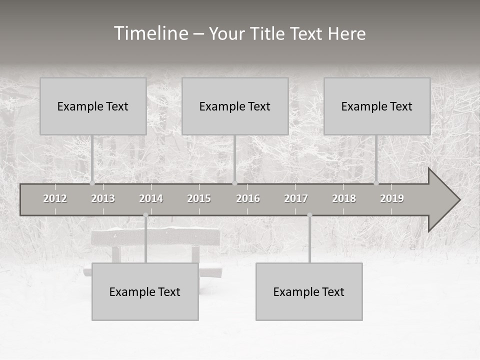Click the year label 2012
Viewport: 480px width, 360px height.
point(55,198)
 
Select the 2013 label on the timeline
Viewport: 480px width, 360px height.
point(103,198)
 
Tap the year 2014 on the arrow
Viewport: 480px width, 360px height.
point(151,198)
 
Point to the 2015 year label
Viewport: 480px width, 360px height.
point(199,198)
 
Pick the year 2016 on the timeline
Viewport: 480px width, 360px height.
point(248,198)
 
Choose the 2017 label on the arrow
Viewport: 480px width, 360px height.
point(296,198)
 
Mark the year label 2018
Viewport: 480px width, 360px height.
point(344,198)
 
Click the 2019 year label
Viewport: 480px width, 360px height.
point(392,198)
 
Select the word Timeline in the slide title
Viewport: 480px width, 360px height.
point(150,33)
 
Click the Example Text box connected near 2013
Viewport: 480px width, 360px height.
point(93,106)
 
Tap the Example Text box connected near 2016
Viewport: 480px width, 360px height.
point(235,106)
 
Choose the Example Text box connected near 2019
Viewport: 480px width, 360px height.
point(377,106)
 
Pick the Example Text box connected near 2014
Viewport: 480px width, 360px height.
point(145,291)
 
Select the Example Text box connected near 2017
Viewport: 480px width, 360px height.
point(309,291)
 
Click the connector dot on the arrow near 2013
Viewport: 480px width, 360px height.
point(92,183)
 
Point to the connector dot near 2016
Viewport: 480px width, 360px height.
point(235,183)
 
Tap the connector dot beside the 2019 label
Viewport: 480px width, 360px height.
point(376,183)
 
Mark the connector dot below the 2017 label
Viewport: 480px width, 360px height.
point(309,215)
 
